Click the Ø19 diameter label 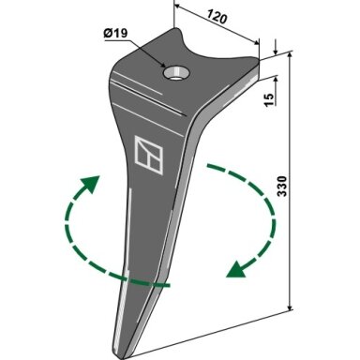point(115,33)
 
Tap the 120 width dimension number point(217,17)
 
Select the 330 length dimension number point(282,187)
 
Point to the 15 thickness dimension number point(268,99)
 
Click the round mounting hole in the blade point(176,72)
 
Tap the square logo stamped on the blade point(148,155)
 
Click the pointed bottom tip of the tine point(123,357)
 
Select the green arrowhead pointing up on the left point(90,184)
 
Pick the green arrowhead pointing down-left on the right point(236,269)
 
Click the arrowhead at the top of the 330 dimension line point(290,55)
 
